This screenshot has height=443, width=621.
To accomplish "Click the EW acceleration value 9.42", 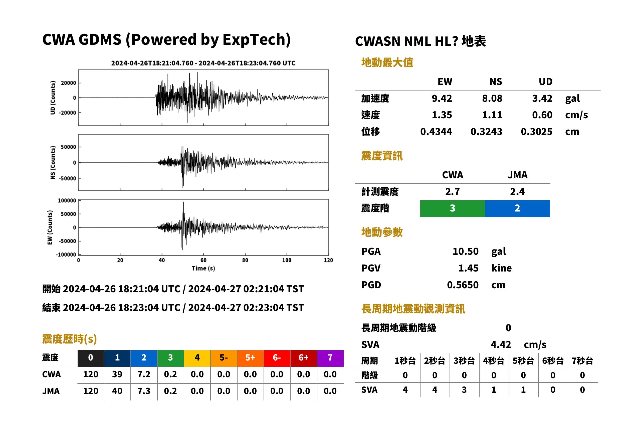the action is click(x=442, y=98).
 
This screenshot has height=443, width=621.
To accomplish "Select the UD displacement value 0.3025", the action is click(x=536, y=131).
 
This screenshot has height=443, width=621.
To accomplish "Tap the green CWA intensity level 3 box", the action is click(x=452, y=208).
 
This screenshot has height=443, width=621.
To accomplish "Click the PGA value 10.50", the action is click(x=465, y=251).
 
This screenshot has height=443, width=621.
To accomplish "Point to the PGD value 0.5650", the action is click(x=463, y=285).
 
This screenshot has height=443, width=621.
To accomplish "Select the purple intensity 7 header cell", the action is click(x=330, y=358).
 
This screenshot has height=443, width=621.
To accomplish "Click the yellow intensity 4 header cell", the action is click(x=197, y=358).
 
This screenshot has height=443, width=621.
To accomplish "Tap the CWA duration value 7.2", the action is click(x=144, y=374).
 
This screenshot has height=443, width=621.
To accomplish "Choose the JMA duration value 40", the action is click(x=117, y=391).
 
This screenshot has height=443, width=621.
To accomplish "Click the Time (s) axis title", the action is click(x=203, y=268).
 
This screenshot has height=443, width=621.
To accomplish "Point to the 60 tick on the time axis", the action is click(x=203, y=260).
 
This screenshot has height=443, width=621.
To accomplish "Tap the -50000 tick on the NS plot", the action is click(x=67, y=178).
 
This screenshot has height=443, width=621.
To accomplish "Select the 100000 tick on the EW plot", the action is click(x=67, y=200).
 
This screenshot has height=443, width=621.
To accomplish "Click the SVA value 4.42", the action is click(x=501, y=344).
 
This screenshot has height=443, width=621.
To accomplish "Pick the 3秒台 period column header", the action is click(x=464, y=361).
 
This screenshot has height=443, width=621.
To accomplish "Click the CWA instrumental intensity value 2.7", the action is click(x=453, y=191).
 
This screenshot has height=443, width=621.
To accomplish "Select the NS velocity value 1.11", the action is click(x=492, y=115).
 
